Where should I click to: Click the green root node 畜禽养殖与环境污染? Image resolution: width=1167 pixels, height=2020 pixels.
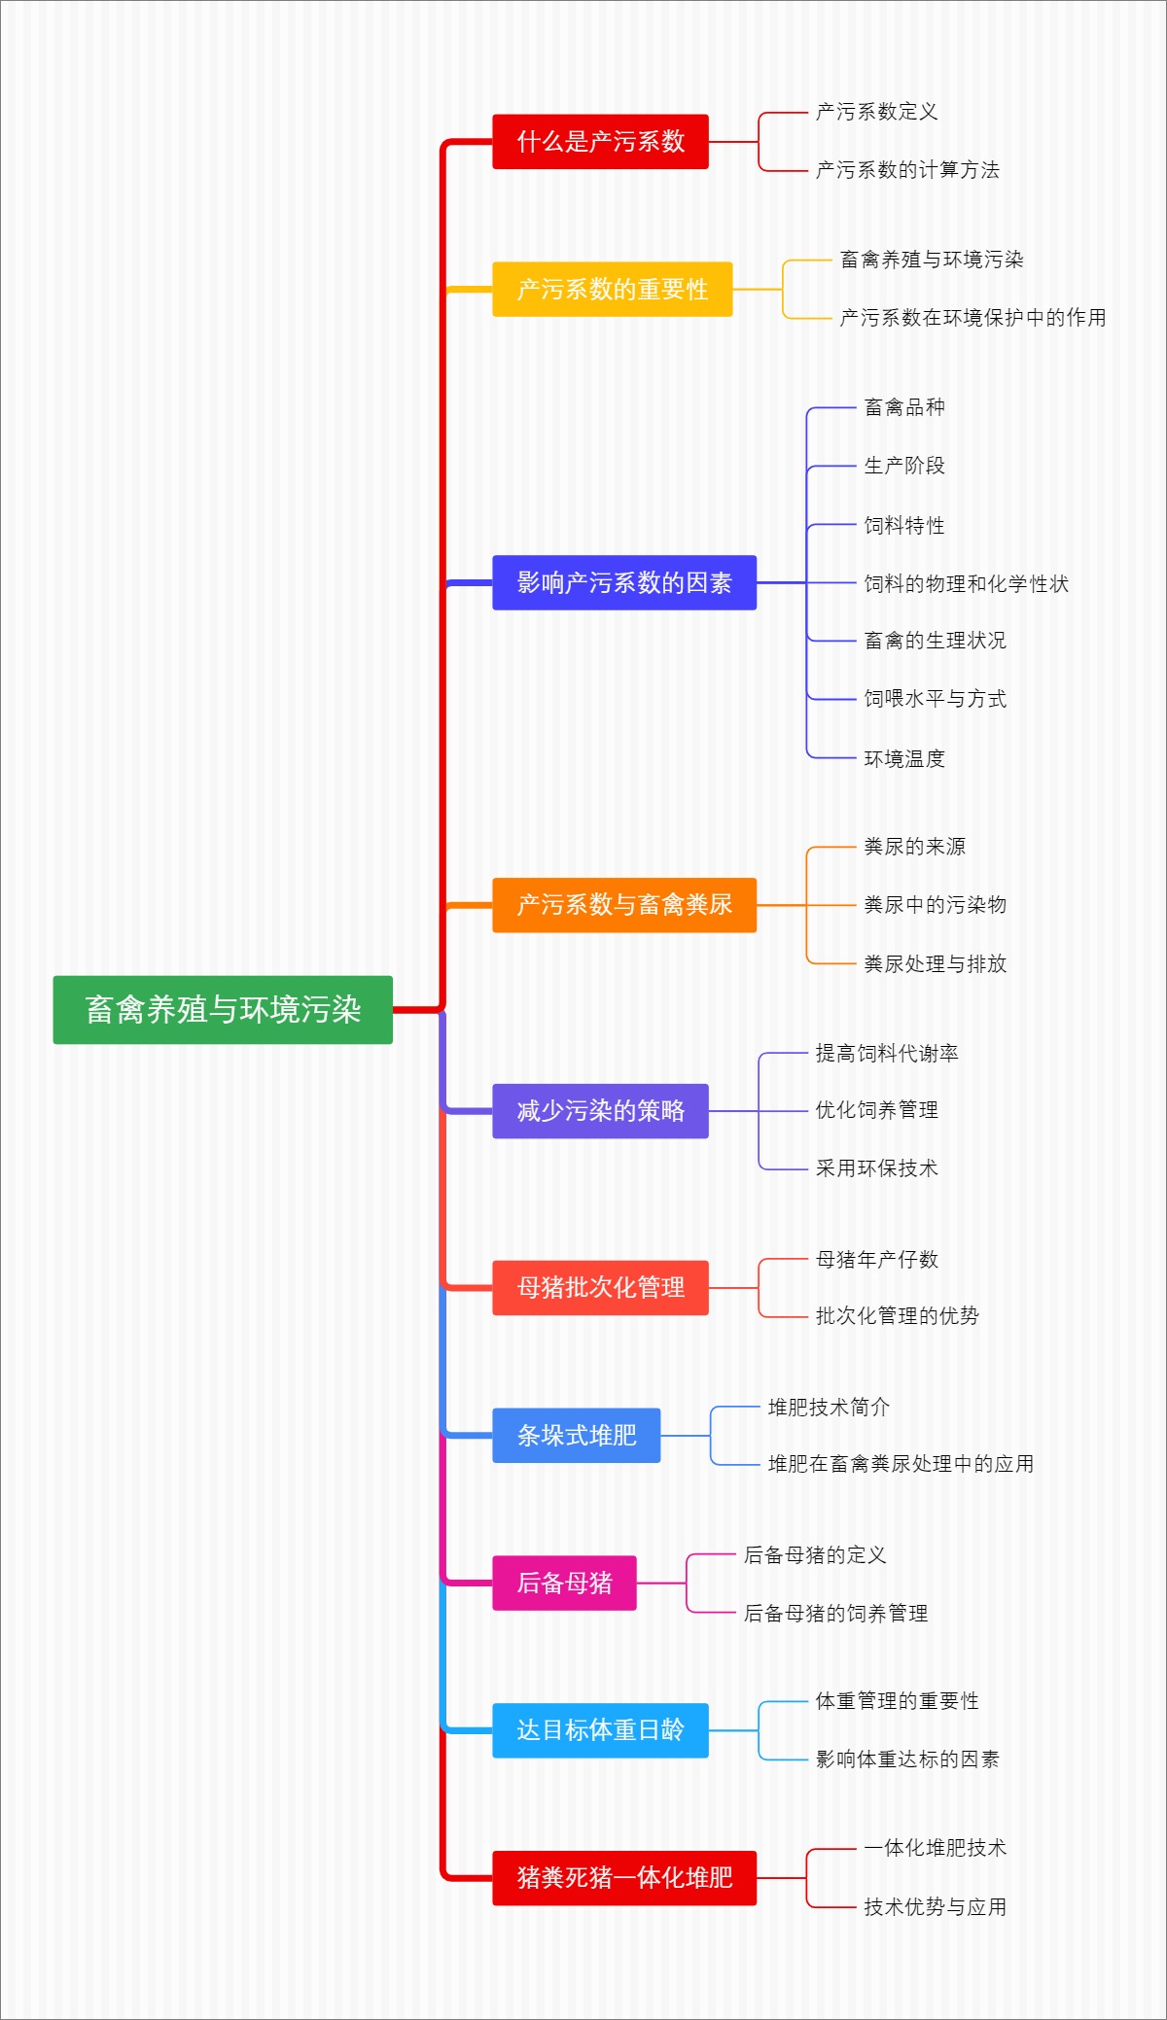click(223, 1010)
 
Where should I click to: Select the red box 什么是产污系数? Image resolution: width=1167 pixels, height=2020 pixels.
click(600, 142)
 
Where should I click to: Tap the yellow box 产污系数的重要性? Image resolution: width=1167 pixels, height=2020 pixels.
click(612, 290)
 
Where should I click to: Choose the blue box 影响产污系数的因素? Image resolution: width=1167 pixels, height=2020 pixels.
click(623, 583)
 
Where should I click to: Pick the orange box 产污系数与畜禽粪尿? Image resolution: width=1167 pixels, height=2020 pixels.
click(623, 905)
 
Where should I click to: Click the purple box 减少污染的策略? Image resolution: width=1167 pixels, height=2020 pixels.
click(600, 1111)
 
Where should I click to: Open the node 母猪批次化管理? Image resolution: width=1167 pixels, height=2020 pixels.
click(600, 1288)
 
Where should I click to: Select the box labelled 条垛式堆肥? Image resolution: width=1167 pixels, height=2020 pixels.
click(576, 1436)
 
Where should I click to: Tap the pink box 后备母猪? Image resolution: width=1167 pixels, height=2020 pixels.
click(564, 1584)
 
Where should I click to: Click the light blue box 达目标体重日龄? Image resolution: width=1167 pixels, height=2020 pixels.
click(600, 1730)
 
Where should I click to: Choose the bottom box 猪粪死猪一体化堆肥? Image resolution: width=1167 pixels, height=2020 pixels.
click(623, 1878)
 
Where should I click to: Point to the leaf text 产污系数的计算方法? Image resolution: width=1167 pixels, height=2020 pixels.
click(907, 170)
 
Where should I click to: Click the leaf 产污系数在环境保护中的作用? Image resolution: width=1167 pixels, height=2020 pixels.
click(972, 318)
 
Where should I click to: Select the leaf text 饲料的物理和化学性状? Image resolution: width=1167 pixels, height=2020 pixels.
click(966, 584)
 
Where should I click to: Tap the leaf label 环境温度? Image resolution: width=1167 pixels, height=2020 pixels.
click(904, 759)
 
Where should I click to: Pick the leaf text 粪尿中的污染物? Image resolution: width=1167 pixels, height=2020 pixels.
click(935, 905)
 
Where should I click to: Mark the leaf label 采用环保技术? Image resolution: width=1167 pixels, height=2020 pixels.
click(876, 1168)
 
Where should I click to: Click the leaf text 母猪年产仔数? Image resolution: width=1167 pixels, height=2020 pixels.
click(876, 1260)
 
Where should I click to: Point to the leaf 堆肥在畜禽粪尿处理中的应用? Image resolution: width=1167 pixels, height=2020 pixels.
click(901, 1464)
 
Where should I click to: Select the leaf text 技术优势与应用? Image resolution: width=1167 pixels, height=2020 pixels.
click(935, 1907)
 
